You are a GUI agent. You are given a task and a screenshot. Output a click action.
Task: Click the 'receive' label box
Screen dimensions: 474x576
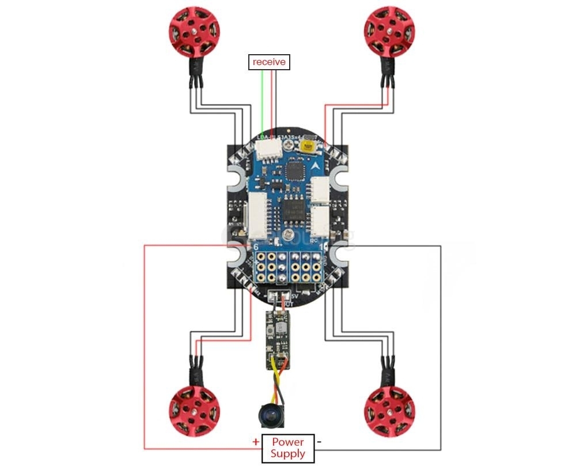tap(269, 62)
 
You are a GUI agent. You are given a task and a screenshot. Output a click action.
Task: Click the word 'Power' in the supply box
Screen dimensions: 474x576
tap(288, 442)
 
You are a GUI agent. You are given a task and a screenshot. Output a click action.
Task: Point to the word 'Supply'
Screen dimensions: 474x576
tap(288, 454)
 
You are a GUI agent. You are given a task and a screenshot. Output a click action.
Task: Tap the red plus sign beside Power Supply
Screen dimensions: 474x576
tap(256, 442)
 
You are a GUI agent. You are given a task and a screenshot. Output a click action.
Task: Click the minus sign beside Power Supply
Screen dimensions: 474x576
tap(319, 442)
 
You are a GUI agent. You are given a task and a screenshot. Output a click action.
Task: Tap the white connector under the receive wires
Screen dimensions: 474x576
tap(268, 151)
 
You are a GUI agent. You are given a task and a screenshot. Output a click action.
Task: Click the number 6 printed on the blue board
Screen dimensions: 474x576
tap(256, 247)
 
